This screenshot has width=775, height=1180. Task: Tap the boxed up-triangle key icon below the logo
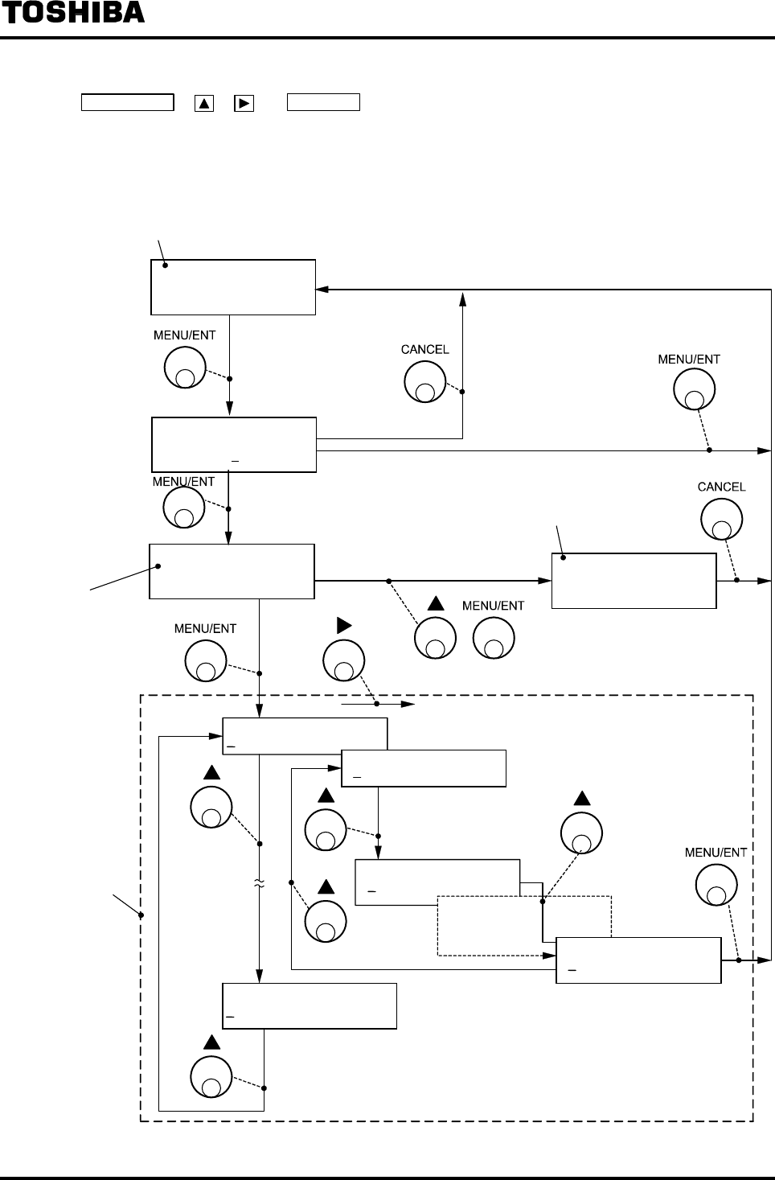[x=203, y=103]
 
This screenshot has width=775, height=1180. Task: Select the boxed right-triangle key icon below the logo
[x=244, y=103]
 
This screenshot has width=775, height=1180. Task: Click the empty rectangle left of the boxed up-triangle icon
[x=127, y=102]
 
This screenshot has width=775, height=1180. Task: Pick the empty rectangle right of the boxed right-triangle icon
[x=323, y=102]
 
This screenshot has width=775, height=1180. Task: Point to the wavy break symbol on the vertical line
[x=259, y=884]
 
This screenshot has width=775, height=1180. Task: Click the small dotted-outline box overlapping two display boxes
[x=524, y=925]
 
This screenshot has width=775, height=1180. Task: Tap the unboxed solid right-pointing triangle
[x=344, y=624]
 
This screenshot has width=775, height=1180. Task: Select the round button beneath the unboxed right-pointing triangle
[x=344, y=661]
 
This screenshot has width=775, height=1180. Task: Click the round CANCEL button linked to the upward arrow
[x=424, y=382]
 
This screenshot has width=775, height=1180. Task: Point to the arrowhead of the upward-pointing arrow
[x=462, y=298]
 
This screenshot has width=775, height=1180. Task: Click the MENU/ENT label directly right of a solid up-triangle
[x=493, y=606]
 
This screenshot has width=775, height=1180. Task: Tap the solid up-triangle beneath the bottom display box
[x=211, y=1042]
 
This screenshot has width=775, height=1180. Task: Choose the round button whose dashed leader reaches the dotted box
[x=581, y=832]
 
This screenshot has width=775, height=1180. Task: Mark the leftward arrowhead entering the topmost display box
[x=322, y=289]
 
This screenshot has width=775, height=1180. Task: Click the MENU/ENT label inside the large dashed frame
[x=716, y=853]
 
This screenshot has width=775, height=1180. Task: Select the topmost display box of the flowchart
[x=233, y=287]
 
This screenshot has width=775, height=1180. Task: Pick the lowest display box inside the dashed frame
[x=309, y=1005]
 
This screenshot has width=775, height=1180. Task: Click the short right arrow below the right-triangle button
[x=378, y=704]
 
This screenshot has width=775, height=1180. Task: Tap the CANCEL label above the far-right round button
[x=721, y=487]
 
